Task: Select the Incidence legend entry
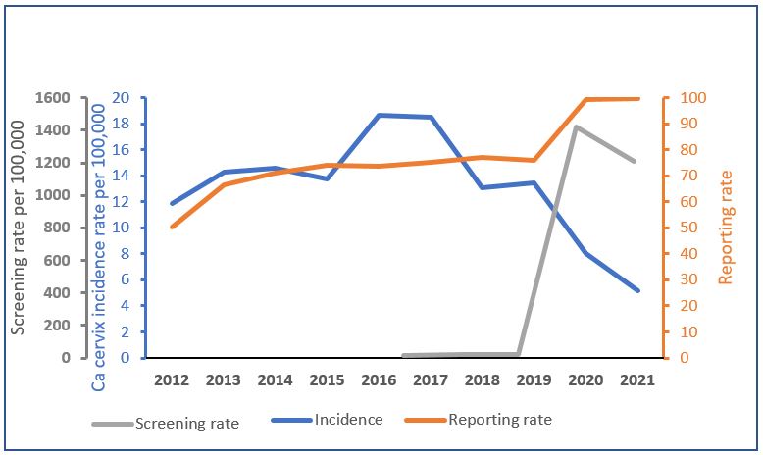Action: (x=348, y=420)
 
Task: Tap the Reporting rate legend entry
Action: (x=499, y=420)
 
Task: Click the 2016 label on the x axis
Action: (x=379, y=379)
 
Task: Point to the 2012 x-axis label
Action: (x=172, y=379)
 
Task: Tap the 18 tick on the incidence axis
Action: (x=122, y=125)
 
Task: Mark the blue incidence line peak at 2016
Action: (x=379, y=115)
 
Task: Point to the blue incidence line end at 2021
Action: (x=637, y=290)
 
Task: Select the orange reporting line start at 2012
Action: (x=173, y=227)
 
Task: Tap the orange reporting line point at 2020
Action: (x=585, y=99)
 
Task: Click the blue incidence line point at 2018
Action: (x=482, y=187)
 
